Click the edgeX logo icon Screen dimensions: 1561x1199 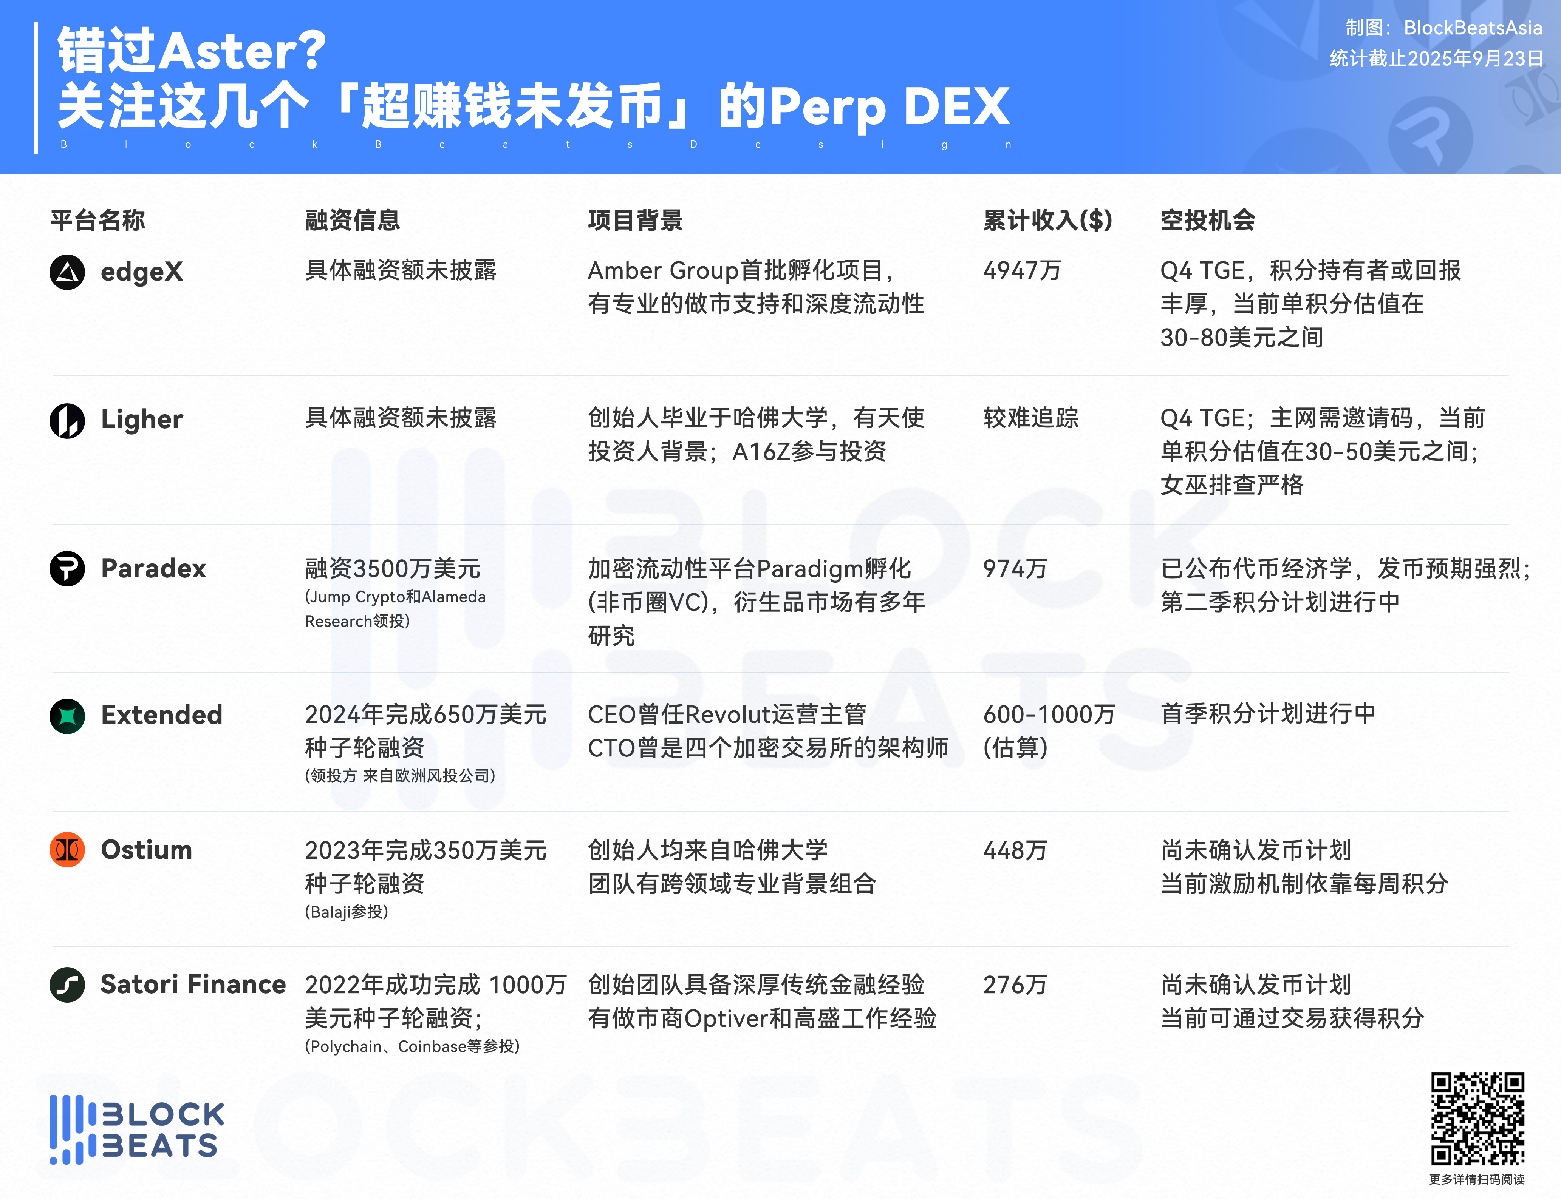pos(67,272)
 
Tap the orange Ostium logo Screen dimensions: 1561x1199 pos(67,849)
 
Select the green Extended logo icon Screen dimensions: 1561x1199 pos(67,716)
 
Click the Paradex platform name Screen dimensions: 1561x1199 pos(153,569)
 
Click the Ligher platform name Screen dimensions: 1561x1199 pos(142,420)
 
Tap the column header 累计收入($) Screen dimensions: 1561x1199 pos(1047,220)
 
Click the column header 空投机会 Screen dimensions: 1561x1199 pos(1208,220)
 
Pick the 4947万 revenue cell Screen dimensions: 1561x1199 pos(1022,270)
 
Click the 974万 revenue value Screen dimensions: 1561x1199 pos(1015,569)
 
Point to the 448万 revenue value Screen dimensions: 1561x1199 pos(1015,850)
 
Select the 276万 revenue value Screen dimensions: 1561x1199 pos(1015,985)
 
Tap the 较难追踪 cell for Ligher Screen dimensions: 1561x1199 pos(1030,418)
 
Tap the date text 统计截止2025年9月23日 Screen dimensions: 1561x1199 pos(1436,59)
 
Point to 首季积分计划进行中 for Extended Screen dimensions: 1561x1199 pos(1268,714)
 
